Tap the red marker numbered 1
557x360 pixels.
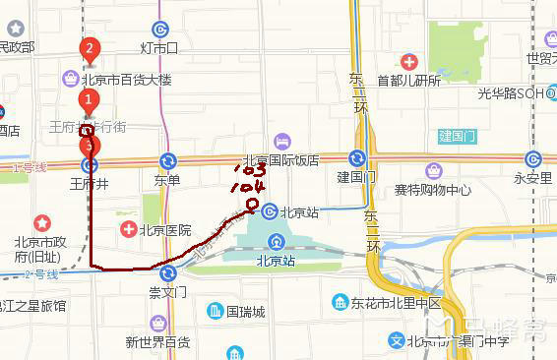[89, 99]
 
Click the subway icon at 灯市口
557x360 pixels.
[159, 30]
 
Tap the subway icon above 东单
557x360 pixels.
[167, 160]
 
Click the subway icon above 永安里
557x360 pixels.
[533, 159]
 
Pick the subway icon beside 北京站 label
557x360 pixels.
[269, 211]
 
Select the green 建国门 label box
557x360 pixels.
[458, 135]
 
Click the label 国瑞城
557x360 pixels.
[245, 312]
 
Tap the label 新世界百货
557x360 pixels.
[157, 341]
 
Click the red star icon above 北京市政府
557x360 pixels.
[41, 224]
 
